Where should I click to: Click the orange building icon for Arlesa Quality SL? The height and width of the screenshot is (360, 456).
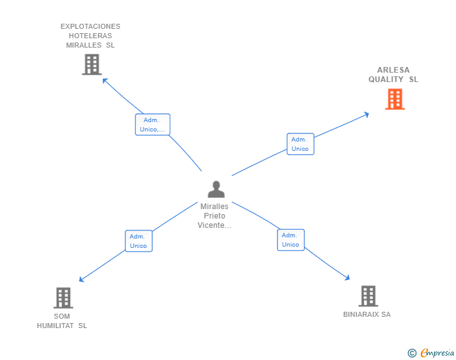coord(395,99)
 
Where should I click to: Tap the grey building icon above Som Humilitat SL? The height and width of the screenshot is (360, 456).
coord(63,297)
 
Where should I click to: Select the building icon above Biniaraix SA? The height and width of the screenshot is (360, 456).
coord(368,296)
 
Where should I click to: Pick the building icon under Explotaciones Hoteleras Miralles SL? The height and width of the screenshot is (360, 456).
coord(91,64)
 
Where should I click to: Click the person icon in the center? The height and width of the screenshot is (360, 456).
coord(216,189)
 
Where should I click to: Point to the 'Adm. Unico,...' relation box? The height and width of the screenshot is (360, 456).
coord(153,125)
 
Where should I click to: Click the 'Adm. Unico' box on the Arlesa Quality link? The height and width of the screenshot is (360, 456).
coord(300,144)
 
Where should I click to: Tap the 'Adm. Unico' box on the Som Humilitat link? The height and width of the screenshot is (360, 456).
coord(138,241)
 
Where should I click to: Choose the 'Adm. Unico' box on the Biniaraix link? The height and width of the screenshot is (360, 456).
coord(291,240)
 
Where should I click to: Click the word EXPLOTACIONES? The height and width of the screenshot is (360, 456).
coord(90,26)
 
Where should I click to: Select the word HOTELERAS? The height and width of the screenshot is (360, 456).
coord(90,36)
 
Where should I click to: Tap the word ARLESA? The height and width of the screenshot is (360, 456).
coord(393,70)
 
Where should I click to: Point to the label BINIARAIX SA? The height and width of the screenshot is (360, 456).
coord(366,314)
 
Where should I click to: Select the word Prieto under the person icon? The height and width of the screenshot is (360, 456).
coord(214,216)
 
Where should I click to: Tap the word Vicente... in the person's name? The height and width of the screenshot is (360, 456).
coord(214,225)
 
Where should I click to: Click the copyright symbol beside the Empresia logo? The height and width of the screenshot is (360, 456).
coord(412,353)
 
